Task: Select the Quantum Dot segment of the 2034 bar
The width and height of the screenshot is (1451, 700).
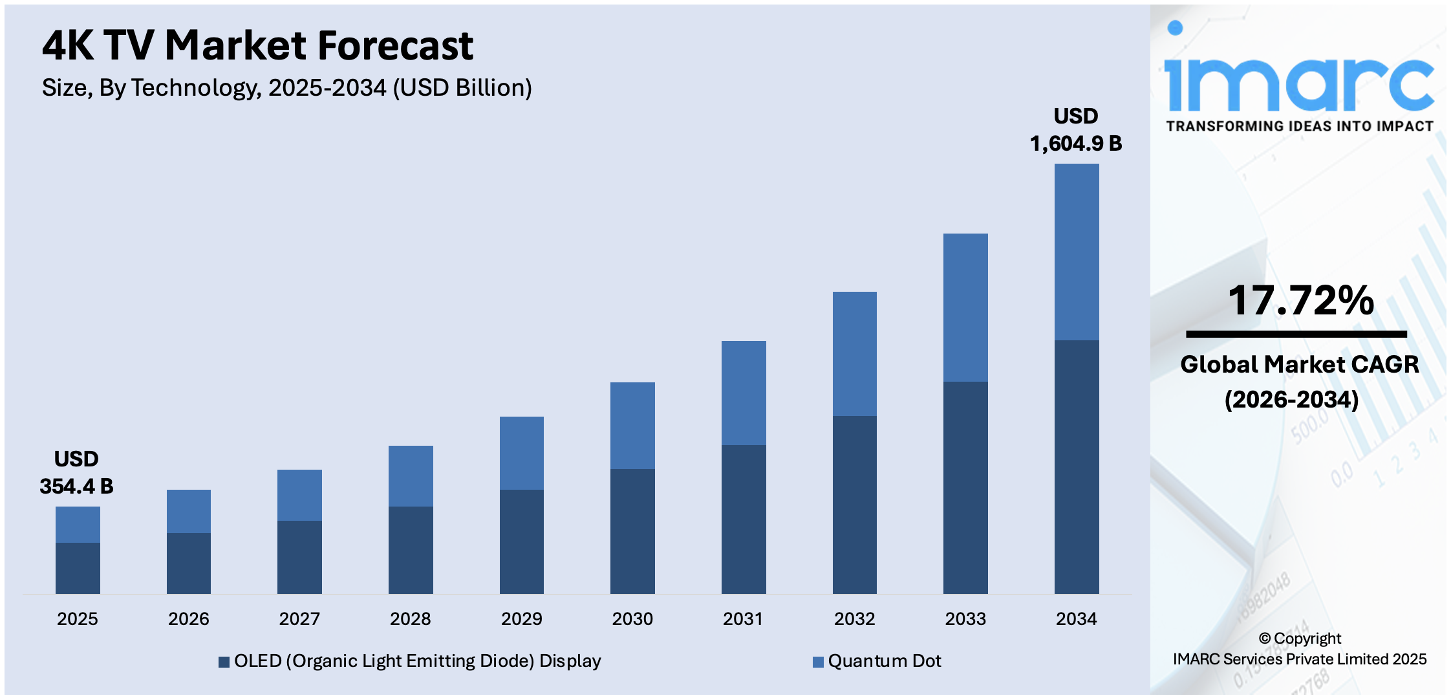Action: point(1076,252)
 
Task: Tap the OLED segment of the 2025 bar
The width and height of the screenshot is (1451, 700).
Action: point(78,568)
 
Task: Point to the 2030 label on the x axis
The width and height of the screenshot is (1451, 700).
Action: point(632,618)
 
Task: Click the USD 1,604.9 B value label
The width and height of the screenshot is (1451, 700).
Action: point(1075,130)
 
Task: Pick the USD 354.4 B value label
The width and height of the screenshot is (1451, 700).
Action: point(76,473)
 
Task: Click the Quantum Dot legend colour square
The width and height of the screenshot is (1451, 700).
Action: point(818,662)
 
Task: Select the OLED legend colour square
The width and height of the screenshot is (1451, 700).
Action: point(224,662)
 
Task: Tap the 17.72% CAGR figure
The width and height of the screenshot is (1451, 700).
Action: point(1300,301)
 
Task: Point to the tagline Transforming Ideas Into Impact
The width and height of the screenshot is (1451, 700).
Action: point(1300,126)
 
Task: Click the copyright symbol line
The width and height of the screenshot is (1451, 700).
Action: point(1300,639)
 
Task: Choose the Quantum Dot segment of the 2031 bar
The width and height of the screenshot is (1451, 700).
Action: point(744,393)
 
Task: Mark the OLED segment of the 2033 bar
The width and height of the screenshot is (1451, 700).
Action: point(965,487)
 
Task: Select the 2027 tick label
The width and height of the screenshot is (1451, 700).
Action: point(299,618)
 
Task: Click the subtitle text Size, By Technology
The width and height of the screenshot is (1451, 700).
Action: point(286,88)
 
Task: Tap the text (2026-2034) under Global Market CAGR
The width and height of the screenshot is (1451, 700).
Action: point(1291,399)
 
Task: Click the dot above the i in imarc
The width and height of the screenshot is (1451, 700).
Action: point(1175,28)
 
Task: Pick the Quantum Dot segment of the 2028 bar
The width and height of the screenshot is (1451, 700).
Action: point(411,476)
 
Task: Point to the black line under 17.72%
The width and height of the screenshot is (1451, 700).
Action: point(1296,334)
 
